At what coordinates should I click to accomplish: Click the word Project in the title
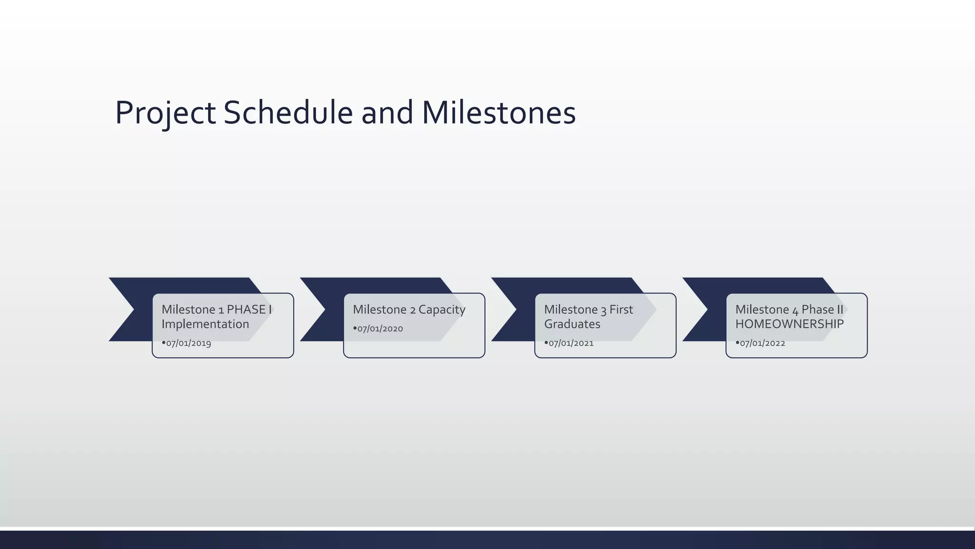(165, 113)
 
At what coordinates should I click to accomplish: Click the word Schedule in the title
(288, 113)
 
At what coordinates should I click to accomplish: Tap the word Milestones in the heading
(498, 113)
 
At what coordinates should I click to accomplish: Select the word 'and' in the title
(387, 113)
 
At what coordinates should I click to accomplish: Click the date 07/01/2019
(189, 343)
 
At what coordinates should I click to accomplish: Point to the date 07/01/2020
(380, 329)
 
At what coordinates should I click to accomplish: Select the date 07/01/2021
(571, 343)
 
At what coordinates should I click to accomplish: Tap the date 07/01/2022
(762, 343)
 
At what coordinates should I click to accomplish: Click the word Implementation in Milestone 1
(205, 324)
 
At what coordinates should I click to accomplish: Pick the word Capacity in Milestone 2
(442, 310)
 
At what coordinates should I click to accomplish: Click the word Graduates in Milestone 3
(572, 324)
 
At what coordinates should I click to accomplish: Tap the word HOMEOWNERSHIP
(789, 324)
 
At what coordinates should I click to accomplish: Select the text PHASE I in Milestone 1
(249, 310)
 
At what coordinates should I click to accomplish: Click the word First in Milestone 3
(621, 310)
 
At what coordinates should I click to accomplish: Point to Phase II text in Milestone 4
(822, 310)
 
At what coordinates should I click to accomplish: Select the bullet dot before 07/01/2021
(546, 342)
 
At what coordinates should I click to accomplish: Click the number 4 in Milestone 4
(795, 311)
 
